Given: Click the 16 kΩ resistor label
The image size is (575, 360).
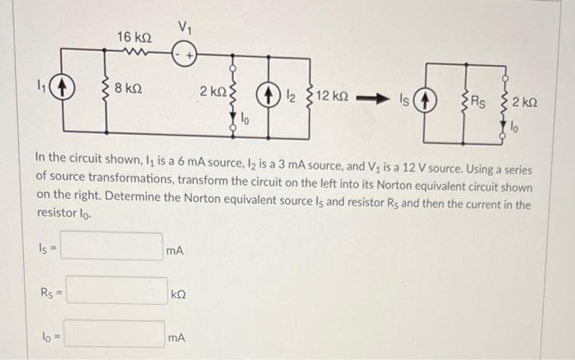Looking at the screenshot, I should click(x=134, y=37).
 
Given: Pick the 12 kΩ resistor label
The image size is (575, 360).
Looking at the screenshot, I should click(x=332, y=96).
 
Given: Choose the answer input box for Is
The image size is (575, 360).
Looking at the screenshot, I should click(x=113, y=247).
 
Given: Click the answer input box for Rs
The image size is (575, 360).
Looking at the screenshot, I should click(x=117, y=291).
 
